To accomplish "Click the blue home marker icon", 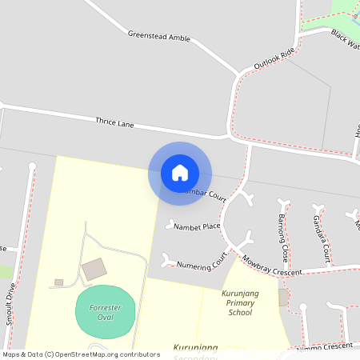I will tap(180, 173).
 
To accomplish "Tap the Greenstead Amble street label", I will tap(158, 35).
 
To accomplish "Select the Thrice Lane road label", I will tap(114, 123).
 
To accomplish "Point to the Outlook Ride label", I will tap(274, 58).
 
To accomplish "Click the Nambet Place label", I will tap(197, 226).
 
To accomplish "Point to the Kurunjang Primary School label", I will tap(240, 303).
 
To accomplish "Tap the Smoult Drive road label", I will tap(10, 303).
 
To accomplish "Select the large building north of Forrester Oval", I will tap(94, 270).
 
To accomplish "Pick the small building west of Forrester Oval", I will tap(58, 282).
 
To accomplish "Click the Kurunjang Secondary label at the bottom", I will tap(196, 349).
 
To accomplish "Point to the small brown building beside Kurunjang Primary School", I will tap(283, 298).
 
